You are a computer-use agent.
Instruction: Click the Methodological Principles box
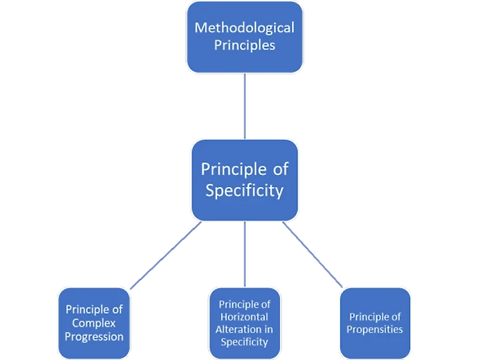tap(244, 37)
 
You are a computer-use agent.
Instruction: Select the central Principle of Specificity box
tap(244, 180)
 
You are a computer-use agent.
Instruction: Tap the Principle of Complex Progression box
tap(94, 322)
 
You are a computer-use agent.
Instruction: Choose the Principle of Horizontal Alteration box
tap(244, 322)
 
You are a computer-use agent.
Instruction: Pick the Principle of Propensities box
tap(375, 322)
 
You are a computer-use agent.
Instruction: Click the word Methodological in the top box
tap(244, 27)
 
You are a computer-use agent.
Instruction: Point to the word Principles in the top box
tap(244, 46)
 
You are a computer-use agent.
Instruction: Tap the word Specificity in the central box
tap(244, 190)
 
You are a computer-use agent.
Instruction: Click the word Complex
tap(94, 323)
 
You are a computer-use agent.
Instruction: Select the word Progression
tap(94, 337)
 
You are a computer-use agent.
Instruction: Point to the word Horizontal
tap(244, 316)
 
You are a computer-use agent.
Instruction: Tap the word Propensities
tap(375, 329)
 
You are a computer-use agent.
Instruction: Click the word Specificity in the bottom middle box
tap(244, 342)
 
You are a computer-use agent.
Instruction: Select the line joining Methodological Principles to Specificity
tap(244, 105)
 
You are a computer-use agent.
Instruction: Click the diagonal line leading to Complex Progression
tap(164, 257)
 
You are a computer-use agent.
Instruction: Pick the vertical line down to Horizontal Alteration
tap(244, 255)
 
